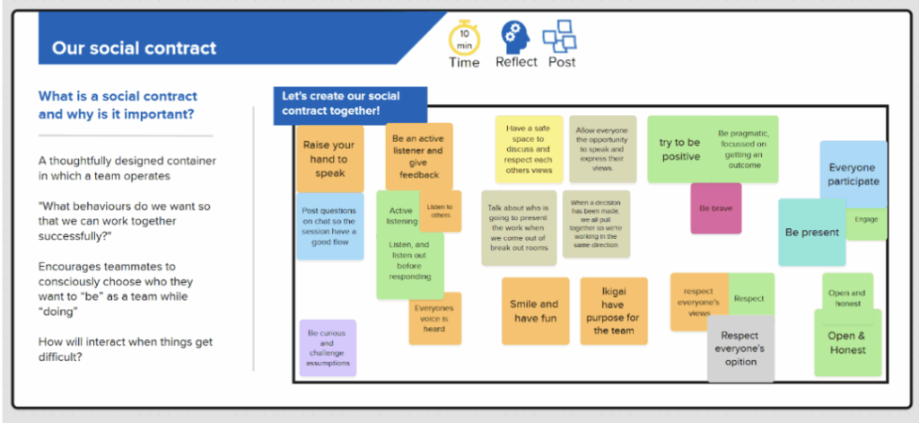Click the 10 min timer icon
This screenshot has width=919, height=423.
tap(464, 37)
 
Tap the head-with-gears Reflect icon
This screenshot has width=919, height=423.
tap(515, 37)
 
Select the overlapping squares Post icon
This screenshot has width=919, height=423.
tap(560, 37)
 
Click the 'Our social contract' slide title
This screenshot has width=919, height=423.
tap(135, 48)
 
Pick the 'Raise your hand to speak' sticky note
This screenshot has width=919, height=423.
tap(329, 159)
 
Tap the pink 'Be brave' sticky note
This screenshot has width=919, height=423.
tap(715, 208)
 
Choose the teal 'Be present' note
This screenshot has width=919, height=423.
tap(811, 233)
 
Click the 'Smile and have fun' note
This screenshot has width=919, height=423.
tap(535, 311)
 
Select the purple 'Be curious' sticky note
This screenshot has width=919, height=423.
tap(328, 348)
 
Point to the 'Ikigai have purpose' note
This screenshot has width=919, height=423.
tap(613, 311)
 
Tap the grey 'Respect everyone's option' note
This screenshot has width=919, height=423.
tap(740, 348)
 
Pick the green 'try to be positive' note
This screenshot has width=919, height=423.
tap(680, 149)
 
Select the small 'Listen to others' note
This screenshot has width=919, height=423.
tap(441, 211)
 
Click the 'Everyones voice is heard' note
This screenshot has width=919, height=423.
tap(435, 319)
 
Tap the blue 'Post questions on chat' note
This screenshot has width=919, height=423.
tap(329, 225)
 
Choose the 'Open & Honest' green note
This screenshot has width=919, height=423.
tap(847, 343)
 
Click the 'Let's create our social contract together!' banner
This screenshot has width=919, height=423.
tap(349, 103)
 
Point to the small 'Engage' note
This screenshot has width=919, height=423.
tap(867, 220)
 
